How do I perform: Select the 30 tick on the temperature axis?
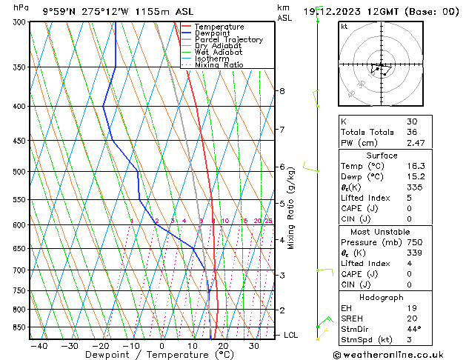(x=254, y=346)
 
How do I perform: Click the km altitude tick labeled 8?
(x=282, y=91)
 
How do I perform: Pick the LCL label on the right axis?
(x=291, y=336)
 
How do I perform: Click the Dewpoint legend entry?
(x=213, y=33)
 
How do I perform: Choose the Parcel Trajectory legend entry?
(x=228, y=40)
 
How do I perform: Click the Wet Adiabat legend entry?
(x=218, y=53)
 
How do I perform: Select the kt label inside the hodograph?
(x=344, y=27)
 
